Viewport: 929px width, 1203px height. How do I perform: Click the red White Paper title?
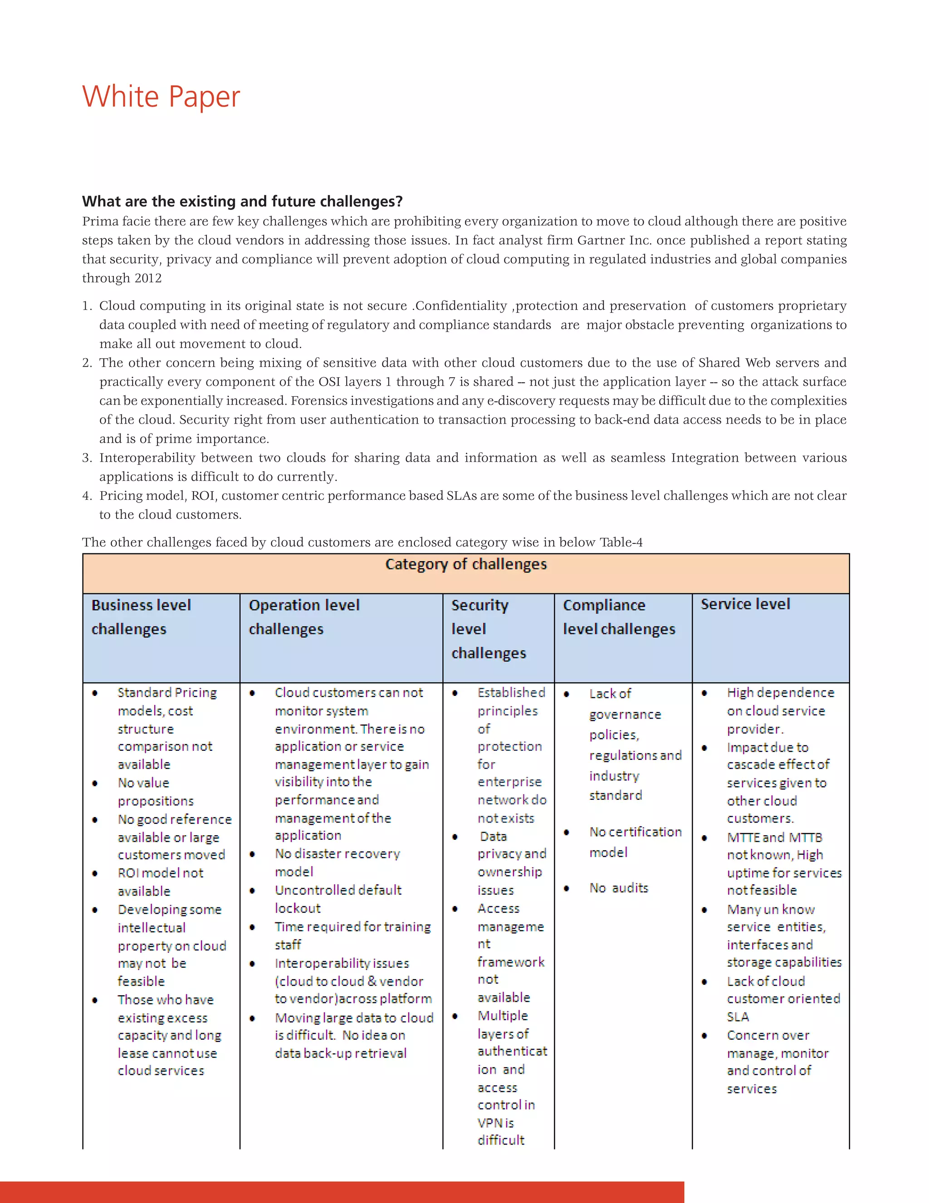[161, 97]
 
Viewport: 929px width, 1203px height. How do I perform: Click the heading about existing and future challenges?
[242, 202]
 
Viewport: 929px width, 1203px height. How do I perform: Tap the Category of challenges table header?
[465, 565]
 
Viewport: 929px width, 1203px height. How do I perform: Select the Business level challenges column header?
[141, 617]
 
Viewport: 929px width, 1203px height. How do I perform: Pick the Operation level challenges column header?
[304, 617]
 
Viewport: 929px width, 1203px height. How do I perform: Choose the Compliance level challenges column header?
[619, 617]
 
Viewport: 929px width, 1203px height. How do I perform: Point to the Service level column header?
[745, 604]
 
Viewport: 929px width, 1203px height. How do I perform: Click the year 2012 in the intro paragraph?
[148, 278]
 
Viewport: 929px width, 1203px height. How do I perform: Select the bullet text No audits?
[619, 888]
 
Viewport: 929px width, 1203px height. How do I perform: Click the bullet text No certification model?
[635, 842]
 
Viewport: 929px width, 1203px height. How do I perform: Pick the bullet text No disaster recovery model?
[337, 863]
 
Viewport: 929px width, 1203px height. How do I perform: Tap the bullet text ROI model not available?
[160, 882]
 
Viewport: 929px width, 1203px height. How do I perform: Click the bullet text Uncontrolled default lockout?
[337, 899]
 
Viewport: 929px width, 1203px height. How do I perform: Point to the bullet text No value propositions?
[155, 792]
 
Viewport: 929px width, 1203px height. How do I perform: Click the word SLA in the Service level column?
[738, 1017]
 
